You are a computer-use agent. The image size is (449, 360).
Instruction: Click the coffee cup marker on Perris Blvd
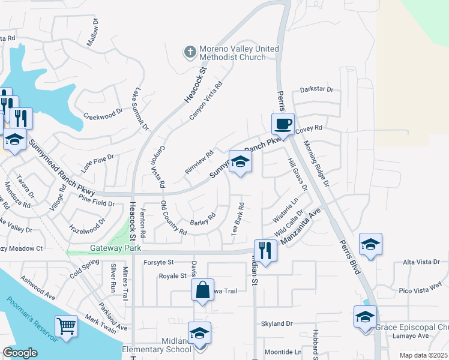click(283, 124)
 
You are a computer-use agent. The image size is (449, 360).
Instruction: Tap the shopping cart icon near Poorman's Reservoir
click(66, 326)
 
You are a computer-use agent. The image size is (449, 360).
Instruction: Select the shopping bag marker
click(203, 290)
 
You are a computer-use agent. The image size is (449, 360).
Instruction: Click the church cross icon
click(190, 52)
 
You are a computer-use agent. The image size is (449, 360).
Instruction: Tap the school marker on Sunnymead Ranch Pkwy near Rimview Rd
click(240, 161)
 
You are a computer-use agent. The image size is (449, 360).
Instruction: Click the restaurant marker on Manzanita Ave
click(265, 250)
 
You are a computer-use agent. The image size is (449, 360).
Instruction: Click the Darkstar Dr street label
click(316, 89)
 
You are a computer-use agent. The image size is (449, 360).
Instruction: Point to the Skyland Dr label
click(276, 323)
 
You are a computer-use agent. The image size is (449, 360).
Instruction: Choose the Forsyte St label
click(158, 262)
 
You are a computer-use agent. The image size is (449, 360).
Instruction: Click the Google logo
click(20, 352)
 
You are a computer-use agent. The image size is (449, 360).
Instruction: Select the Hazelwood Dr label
click(88, 225)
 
